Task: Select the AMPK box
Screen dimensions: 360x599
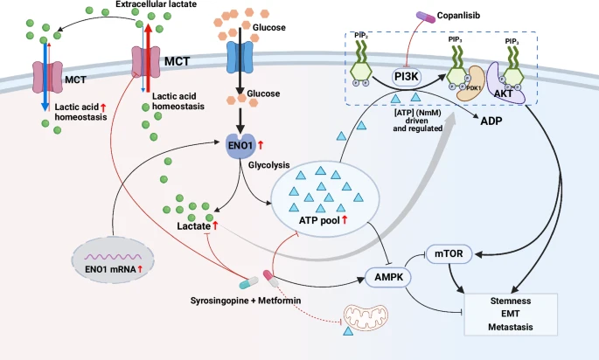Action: [384, 280]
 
